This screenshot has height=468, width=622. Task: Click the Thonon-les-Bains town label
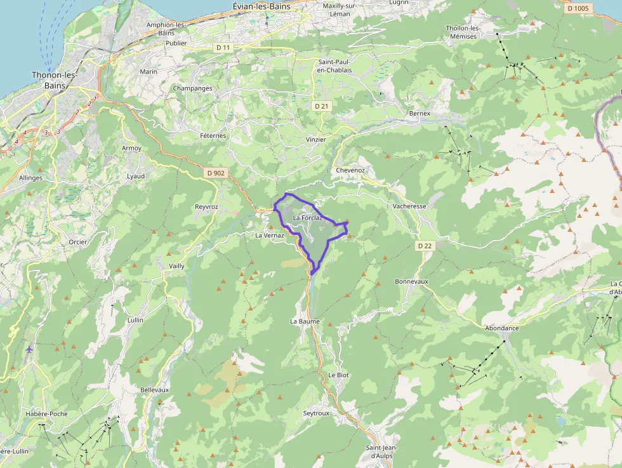[x=54, y=79]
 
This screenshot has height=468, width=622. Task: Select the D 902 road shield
[x=216, y=172]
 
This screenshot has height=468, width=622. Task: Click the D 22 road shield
[x=425, y=245]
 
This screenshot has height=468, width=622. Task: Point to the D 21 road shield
[x=322, y=106]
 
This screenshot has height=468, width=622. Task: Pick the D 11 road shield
[x=222, y=47]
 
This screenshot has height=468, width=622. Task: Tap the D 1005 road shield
[x=578, y=8]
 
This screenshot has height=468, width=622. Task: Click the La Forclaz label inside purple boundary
[x=307, y=218]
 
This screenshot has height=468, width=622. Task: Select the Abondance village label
[x=501, y=328]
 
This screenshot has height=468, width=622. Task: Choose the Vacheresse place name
[x=409, y=206]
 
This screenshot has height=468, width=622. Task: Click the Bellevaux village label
[x=154, y=389]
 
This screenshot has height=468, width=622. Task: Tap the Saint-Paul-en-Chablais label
[x=334, y=65]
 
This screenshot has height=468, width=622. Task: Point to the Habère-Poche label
[x=46, y=414]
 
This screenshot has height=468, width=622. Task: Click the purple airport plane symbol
[x=29, y=349]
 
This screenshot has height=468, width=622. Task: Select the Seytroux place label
[x=316, y=413]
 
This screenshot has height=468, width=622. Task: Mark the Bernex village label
[x=420, y=114]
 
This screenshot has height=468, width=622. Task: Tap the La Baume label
[x=305, y=321]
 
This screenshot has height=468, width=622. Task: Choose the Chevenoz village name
[x=350, y=171]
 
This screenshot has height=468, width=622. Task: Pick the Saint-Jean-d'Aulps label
[x=381, y=451]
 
